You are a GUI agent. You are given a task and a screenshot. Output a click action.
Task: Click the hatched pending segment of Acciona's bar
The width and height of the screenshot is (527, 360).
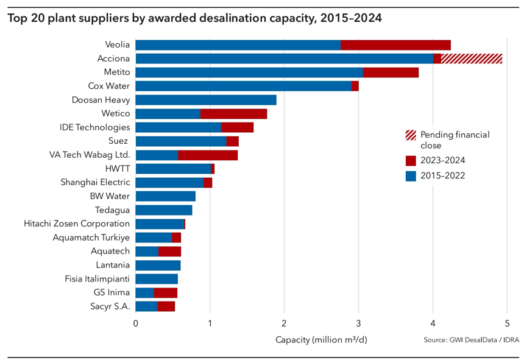coord(472,58)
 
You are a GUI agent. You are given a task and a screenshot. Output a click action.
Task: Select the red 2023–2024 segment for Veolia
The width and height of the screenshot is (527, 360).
coord(395,44)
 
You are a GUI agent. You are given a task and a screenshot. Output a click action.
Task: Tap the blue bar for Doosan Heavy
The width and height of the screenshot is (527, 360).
coord(206,100)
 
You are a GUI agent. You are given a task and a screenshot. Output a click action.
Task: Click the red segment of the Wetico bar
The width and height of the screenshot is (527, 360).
coord(233,113)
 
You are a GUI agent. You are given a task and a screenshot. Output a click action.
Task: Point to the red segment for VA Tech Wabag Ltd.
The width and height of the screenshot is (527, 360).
coord(208,155)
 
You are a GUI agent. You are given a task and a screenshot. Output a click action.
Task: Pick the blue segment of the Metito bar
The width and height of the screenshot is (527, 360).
coord(249,72)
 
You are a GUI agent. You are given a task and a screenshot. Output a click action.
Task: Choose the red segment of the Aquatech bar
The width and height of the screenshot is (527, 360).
coord(169,251)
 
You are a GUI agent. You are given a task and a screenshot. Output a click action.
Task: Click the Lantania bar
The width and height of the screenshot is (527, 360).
coord(158,265)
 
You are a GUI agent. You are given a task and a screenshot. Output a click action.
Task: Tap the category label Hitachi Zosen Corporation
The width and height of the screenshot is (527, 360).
coord(77,224)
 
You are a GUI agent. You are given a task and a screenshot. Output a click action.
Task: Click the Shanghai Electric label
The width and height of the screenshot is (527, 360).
coord(95,182)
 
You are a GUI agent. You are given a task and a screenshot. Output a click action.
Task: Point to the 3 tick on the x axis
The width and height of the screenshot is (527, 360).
coord(359,323)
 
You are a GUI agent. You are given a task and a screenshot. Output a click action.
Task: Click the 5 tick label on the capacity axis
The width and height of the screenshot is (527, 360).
coord(508,323)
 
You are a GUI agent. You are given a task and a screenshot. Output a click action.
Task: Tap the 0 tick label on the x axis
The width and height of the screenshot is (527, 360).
coord(135,323)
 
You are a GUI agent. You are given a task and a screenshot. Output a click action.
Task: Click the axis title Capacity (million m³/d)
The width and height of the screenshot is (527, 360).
coord(321,339)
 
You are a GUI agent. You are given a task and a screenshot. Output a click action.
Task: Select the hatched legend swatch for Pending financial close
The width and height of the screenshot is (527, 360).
coord(411,135)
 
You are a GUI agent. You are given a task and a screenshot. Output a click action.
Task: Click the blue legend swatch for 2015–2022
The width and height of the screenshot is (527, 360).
coord(411,176)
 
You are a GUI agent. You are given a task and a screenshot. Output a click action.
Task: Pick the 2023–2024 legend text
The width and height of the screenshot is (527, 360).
coord(443,160)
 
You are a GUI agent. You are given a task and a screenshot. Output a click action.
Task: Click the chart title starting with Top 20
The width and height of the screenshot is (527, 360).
coord(194,18)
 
